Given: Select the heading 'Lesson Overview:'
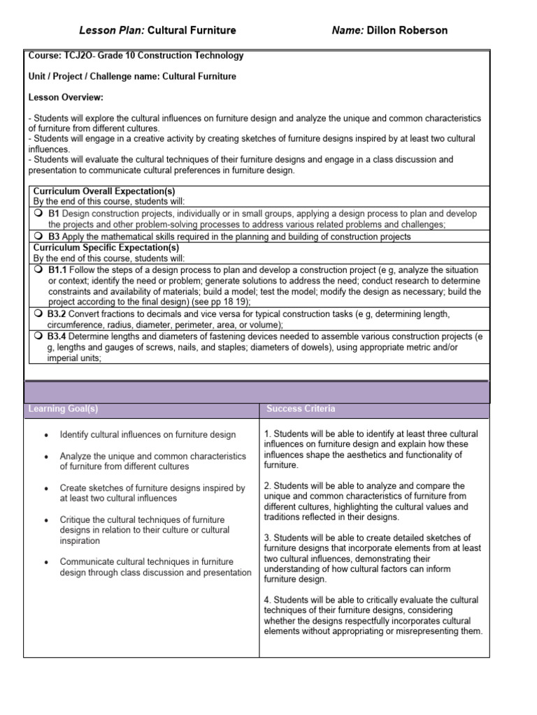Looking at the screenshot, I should coord(66,97).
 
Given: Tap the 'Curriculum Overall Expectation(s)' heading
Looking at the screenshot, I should coord(104,191).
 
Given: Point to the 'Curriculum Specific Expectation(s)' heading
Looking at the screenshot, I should coord(106,247).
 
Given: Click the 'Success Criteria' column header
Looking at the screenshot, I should coord(300,408).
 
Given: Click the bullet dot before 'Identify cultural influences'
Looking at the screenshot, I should coord(46,435).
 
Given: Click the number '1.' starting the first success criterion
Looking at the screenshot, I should coord(268,434).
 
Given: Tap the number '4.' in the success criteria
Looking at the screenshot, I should coord(268,600).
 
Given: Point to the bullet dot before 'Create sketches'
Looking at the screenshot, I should coord(46,489).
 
